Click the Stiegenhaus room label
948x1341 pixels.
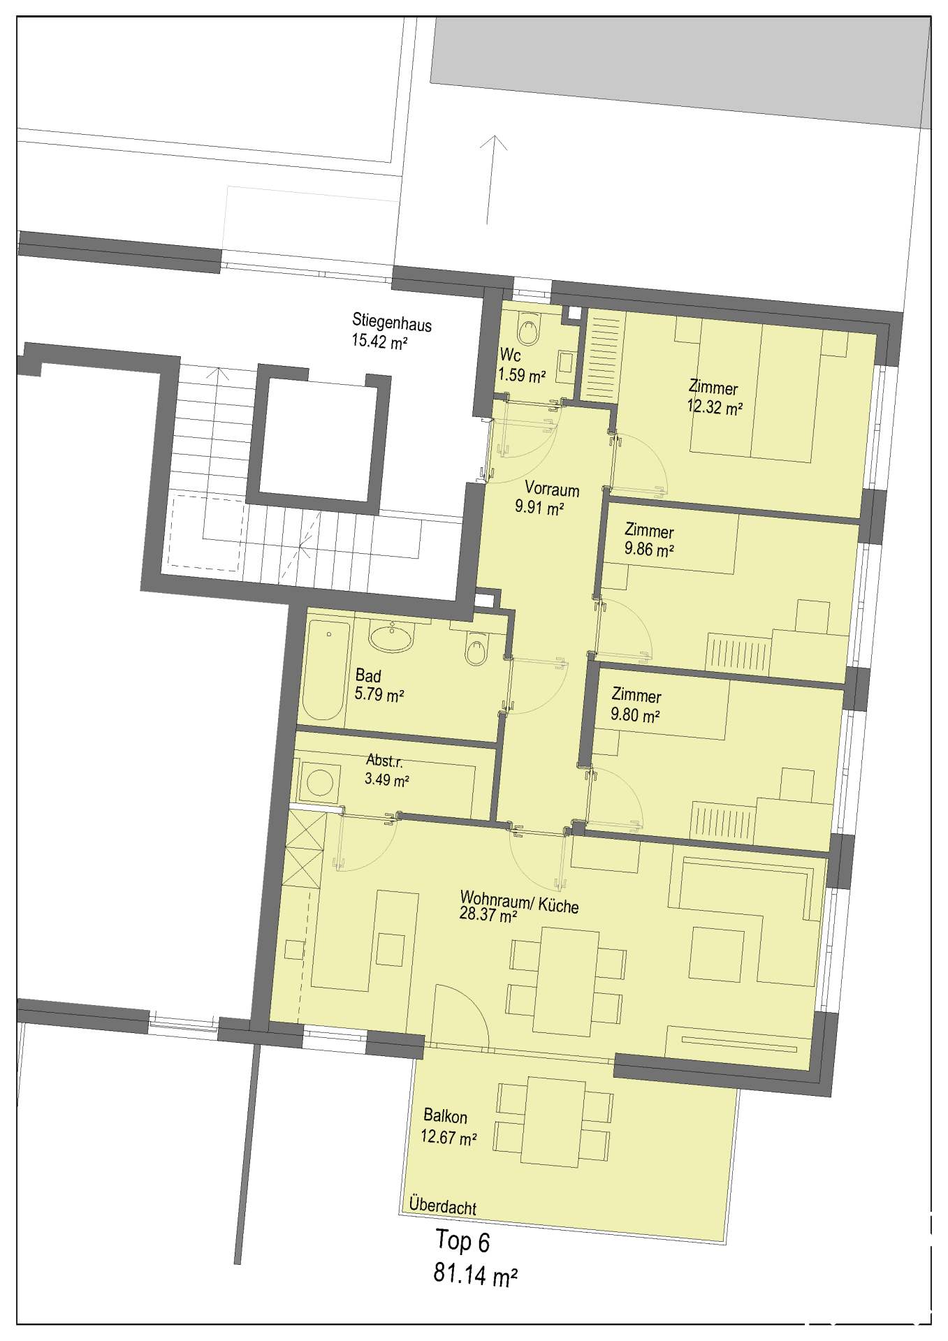coord(392,322)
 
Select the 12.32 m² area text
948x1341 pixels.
coord(715,407)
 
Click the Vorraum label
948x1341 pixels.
coord(552,488)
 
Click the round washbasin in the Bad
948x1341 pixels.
coord(391,637)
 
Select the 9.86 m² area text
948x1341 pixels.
coord(649,550)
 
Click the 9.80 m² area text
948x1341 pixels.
coord(635,715)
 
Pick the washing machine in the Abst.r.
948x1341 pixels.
coord(319,782)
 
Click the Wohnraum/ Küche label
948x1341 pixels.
coord(519,902)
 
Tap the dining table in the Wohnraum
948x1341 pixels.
coord(566,981)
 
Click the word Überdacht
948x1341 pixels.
coord(443,1206)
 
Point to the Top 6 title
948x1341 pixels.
coord(462,1241)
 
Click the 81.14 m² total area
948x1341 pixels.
coord(476,1274)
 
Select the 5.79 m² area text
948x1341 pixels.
coord(379,695)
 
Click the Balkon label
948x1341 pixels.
coord(445,1116)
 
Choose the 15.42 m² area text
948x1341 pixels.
coord(379,342)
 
